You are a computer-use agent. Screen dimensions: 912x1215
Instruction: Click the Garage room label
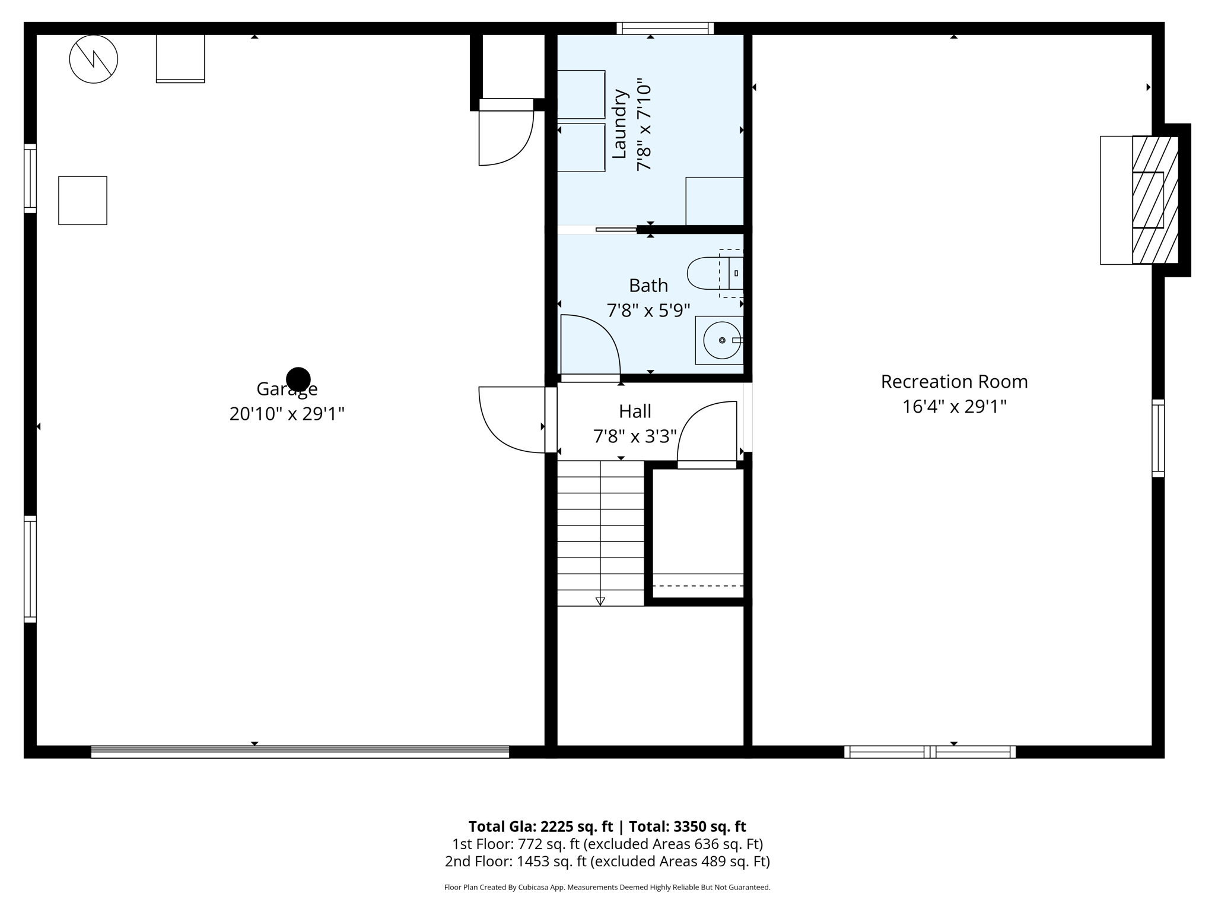287,389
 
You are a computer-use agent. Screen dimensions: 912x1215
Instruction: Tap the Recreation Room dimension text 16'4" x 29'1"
954,407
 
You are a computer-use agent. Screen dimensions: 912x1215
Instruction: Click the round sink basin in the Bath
721,340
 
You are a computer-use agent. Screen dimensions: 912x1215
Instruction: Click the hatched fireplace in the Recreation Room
1154,200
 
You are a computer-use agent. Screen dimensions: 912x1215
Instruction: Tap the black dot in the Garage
298,379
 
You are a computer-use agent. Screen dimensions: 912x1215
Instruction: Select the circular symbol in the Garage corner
94,59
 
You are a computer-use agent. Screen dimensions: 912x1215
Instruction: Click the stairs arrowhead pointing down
600,601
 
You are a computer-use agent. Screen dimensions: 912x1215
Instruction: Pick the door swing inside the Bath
590,345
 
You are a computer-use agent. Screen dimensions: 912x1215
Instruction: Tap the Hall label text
635,411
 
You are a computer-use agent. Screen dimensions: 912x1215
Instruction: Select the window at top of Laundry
664,28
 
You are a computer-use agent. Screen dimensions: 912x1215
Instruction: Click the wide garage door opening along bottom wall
300,752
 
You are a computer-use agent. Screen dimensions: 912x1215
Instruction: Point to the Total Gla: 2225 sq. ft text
540,826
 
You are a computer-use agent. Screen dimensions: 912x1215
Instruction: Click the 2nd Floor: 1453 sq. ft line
607,862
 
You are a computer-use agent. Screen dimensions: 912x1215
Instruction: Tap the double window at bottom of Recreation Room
930,752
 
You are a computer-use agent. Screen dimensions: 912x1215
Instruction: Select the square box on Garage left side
82,200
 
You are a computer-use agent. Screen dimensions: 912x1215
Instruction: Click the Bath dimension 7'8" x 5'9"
648,311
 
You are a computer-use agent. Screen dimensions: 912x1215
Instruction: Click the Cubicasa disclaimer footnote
607,888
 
